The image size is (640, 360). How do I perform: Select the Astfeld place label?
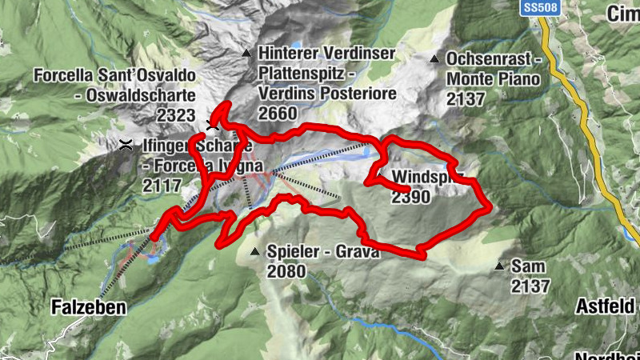[606, 306]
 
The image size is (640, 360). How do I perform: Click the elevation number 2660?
[278, 114]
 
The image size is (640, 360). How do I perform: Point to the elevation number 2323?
[176, 115]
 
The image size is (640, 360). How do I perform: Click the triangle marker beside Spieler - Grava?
[255, 252]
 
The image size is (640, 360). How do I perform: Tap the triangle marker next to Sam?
[500, 266]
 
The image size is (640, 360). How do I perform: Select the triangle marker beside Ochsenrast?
[434, 58]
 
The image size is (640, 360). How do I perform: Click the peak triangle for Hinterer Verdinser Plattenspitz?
[246, 54]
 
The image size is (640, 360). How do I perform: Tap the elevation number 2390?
[411, 197]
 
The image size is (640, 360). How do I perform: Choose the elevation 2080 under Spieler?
[287, 271]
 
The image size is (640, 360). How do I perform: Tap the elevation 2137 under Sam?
[530, 286]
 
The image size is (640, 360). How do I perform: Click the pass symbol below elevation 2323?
[212, 125]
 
